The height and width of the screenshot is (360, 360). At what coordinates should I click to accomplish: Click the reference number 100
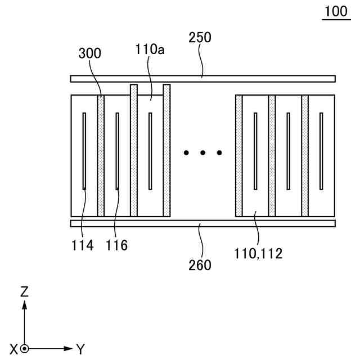click(x=336, y=12)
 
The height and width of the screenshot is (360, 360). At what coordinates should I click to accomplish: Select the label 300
click(x=89, y=53)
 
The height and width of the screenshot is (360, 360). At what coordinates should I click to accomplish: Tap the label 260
click(x=200, y=264)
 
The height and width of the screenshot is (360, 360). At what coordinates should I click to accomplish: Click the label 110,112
click(x=259, y=253)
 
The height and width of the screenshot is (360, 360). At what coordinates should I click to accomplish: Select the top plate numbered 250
click(x=202, y=79)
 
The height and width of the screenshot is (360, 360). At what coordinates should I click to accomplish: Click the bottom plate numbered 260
click(x=202, y=223)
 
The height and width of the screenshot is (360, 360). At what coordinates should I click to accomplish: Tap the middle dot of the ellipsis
click(x=202, y=152)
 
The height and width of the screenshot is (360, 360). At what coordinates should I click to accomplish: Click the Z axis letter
click(x=24, y=291)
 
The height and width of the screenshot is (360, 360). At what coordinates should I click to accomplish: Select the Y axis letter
click(x=80, y=349)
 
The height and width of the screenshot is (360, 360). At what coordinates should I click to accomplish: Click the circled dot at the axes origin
click(x=24, y=349)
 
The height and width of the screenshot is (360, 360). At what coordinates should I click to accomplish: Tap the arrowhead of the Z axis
click(x=24, y=304)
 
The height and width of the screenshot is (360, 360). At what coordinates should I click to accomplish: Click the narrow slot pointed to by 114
click(x=84, y=151)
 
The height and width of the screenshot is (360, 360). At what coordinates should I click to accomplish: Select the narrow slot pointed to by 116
click(x=117, y=151)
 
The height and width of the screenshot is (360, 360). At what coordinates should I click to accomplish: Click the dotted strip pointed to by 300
click(x=101, y=155)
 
